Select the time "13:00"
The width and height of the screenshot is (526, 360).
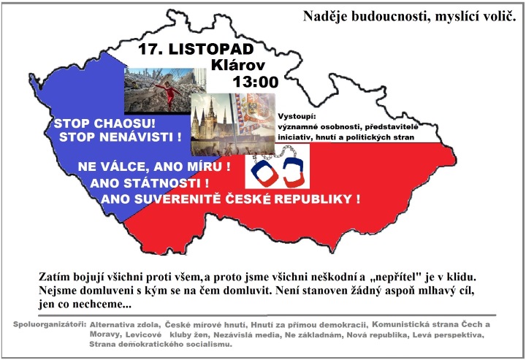point(255,82)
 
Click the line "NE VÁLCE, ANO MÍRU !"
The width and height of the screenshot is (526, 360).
point(154,167)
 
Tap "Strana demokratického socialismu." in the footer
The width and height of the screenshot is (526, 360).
point(160,344)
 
